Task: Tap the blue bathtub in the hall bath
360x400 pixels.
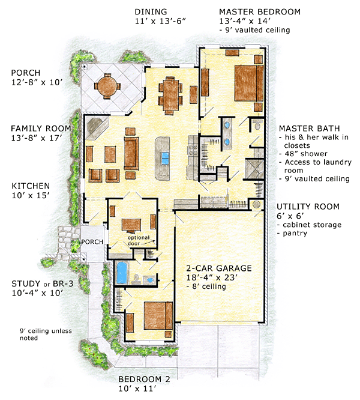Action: pyautogui.click(x=121, y=273)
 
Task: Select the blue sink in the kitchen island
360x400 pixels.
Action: pyautogui.click(x=165, y=159)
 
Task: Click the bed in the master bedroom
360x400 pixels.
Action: pyautogui.click(x=248, y=83)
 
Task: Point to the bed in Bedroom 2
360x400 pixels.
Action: pyautogui.click(x=158, y=315)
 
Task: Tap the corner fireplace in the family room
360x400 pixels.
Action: pyautogui.click(x=97, y=128)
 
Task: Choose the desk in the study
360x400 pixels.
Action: pyautogui.click(x=131, y=225)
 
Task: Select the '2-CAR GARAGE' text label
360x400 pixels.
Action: pyautogui.click(x=219, y=268)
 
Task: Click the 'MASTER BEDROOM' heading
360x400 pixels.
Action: pyautogui.click(x=260, y=12)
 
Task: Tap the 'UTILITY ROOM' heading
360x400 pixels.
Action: pyautogui.click(x=308, y=207)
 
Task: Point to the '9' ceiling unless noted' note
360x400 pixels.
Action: pyautogui.click(x=46, y=335)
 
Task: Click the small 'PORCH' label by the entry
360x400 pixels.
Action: pyautogui.click(x=92, y=241)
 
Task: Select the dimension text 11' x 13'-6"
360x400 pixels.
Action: pyautogui.click(x=161, y=21)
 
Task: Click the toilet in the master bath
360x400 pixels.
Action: pyautogui.click(x=257, y=125)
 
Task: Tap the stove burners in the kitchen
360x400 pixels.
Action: pyautogui.click(x=193, y=150)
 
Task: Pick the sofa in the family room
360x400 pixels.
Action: pyautogui.click(x=131, y=153)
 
